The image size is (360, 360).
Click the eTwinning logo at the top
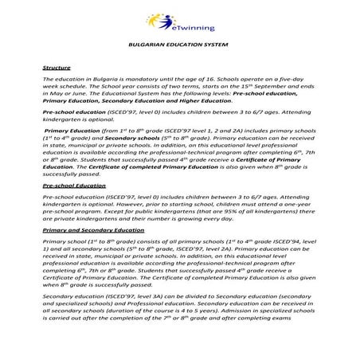click(x=179, y=18)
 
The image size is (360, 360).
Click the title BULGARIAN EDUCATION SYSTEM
click(x=179, y=48)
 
